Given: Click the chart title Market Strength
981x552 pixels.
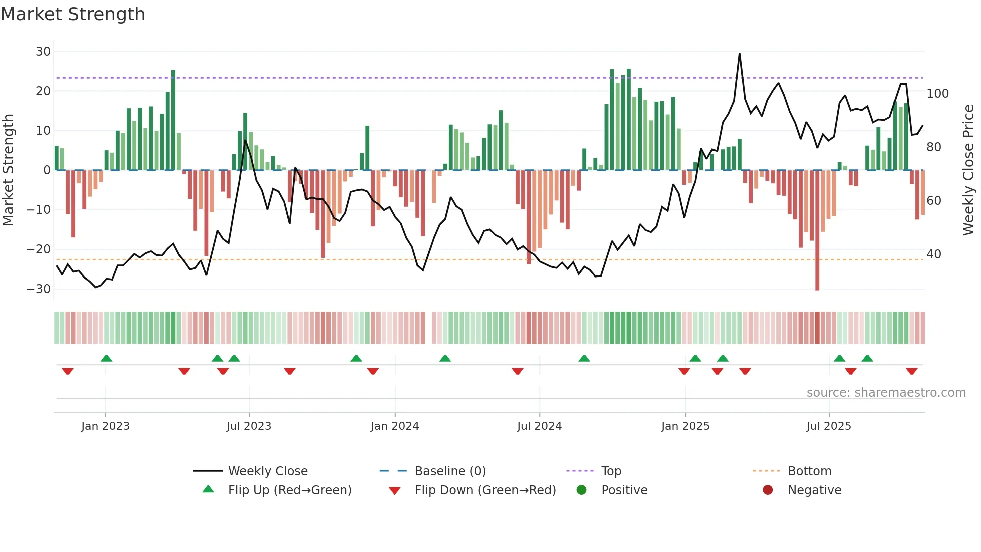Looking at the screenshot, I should (x=73, y=14).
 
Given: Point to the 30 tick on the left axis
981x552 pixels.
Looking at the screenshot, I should (x=43, y=52).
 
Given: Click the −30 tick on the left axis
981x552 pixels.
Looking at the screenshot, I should (x=39, y=289).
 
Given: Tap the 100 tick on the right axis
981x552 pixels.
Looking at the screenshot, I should (x=937, y=94).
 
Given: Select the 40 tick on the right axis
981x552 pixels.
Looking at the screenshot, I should (x=934, y=254).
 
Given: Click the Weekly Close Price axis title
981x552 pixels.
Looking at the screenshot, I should (x=968, y=170).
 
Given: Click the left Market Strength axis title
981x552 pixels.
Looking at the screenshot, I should (x=8, y=170).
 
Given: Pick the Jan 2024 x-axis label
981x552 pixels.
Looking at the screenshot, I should (x=394, y=426).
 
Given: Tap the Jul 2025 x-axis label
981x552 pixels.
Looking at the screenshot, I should (x=828, y=426).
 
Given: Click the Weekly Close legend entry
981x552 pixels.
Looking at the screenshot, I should (x=267, y=471).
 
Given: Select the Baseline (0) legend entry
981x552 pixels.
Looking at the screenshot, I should (x=450, y=471).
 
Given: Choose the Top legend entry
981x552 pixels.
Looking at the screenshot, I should (x=611, y=471).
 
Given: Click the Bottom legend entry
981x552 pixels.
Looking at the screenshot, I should (x=809, y=471).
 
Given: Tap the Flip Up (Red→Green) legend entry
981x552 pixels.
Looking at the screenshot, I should (x=289, y=490).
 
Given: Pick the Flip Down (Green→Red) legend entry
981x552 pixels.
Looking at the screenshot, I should (x=484, y=490).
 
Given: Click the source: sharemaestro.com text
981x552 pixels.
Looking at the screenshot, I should (x=886, y=393).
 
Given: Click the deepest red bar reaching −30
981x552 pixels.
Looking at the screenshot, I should (x=817, y=281).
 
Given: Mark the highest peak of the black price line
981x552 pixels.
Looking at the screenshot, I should (x=740, y=54).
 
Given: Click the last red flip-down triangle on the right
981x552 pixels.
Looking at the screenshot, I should (x=911, y=371).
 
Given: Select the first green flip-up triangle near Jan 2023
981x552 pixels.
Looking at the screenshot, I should (x=106, y=358).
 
